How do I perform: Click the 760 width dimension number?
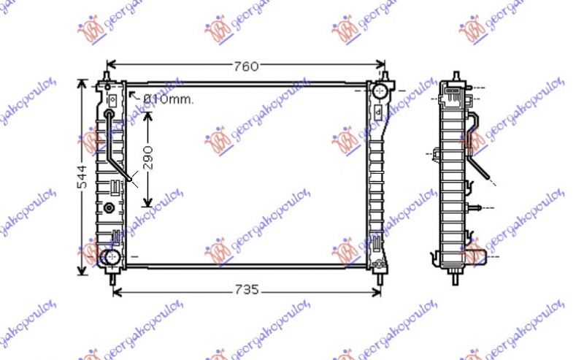pyautogui.click(x=246, y=66)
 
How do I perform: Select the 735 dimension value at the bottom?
pyautogui.click(x=247, y=290)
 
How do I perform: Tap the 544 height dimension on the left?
pyautogui.click(x=81, y=177)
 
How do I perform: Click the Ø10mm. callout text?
pyautogui.click(x=169, y=99)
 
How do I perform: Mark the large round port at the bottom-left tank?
pyautogui.click(x=110, y=257)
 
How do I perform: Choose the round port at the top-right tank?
pyautogui.click(x=380, y=92)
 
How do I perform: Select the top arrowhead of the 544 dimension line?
pyautogui.click(x=81, y=83)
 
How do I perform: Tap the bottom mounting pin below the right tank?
pyautogui.click(x=380, y=276)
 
